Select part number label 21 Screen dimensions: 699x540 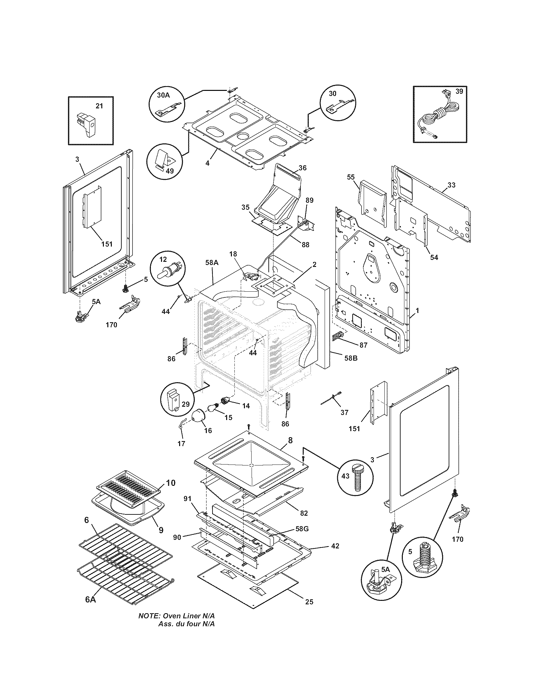[x=99, y=105]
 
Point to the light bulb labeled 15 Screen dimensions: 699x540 [x=213, y=408]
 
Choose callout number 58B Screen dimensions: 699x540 [x=351, y=358]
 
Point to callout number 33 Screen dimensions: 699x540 [x=451, y=185]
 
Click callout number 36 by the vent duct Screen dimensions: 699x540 [x=303, y=168]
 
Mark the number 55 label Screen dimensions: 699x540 [x=351, y=177]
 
